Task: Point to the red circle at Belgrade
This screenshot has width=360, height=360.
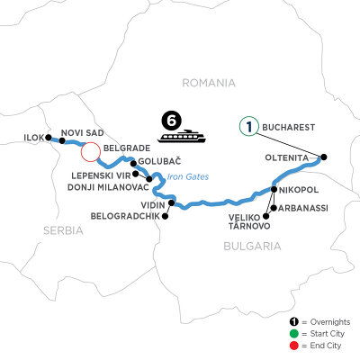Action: [91, 148]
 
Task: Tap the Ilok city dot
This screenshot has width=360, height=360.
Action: [48, 139]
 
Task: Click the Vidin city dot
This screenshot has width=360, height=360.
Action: [163, 202]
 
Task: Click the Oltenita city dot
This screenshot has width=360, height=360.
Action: [324, 157]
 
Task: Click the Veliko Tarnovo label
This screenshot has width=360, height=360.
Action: [239, 220]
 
